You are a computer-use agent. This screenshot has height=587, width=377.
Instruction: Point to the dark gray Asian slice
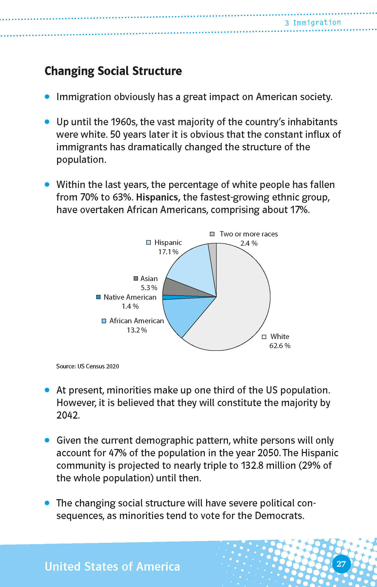tap(181, 287)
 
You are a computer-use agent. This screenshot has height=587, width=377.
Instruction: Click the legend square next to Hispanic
tap(149, 242)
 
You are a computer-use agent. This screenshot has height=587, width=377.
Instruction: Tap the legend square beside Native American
tap(99, 297)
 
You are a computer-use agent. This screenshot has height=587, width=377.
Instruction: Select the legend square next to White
tap(264, 337)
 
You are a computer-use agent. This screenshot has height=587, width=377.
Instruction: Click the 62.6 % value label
tap(280, 346)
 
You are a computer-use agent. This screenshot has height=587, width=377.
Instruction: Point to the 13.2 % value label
tap(137, 330)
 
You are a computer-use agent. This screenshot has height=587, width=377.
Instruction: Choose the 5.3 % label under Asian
tap(149, 288)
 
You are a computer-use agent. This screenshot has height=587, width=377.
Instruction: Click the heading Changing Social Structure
tap(113, 71)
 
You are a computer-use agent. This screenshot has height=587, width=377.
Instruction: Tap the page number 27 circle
tap(341, 564)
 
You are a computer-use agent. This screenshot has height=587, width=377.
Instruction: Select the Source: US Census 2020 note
tap(87, 366)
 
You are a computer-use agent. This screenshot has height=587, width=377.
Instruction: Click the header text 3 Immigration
tap(313, 23)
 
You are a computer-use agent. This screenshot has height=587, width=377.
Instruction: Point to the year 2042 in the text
tap(68, 415)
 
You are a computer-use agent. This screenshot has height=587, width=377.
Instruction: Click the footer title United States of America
tap(112, 567)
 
